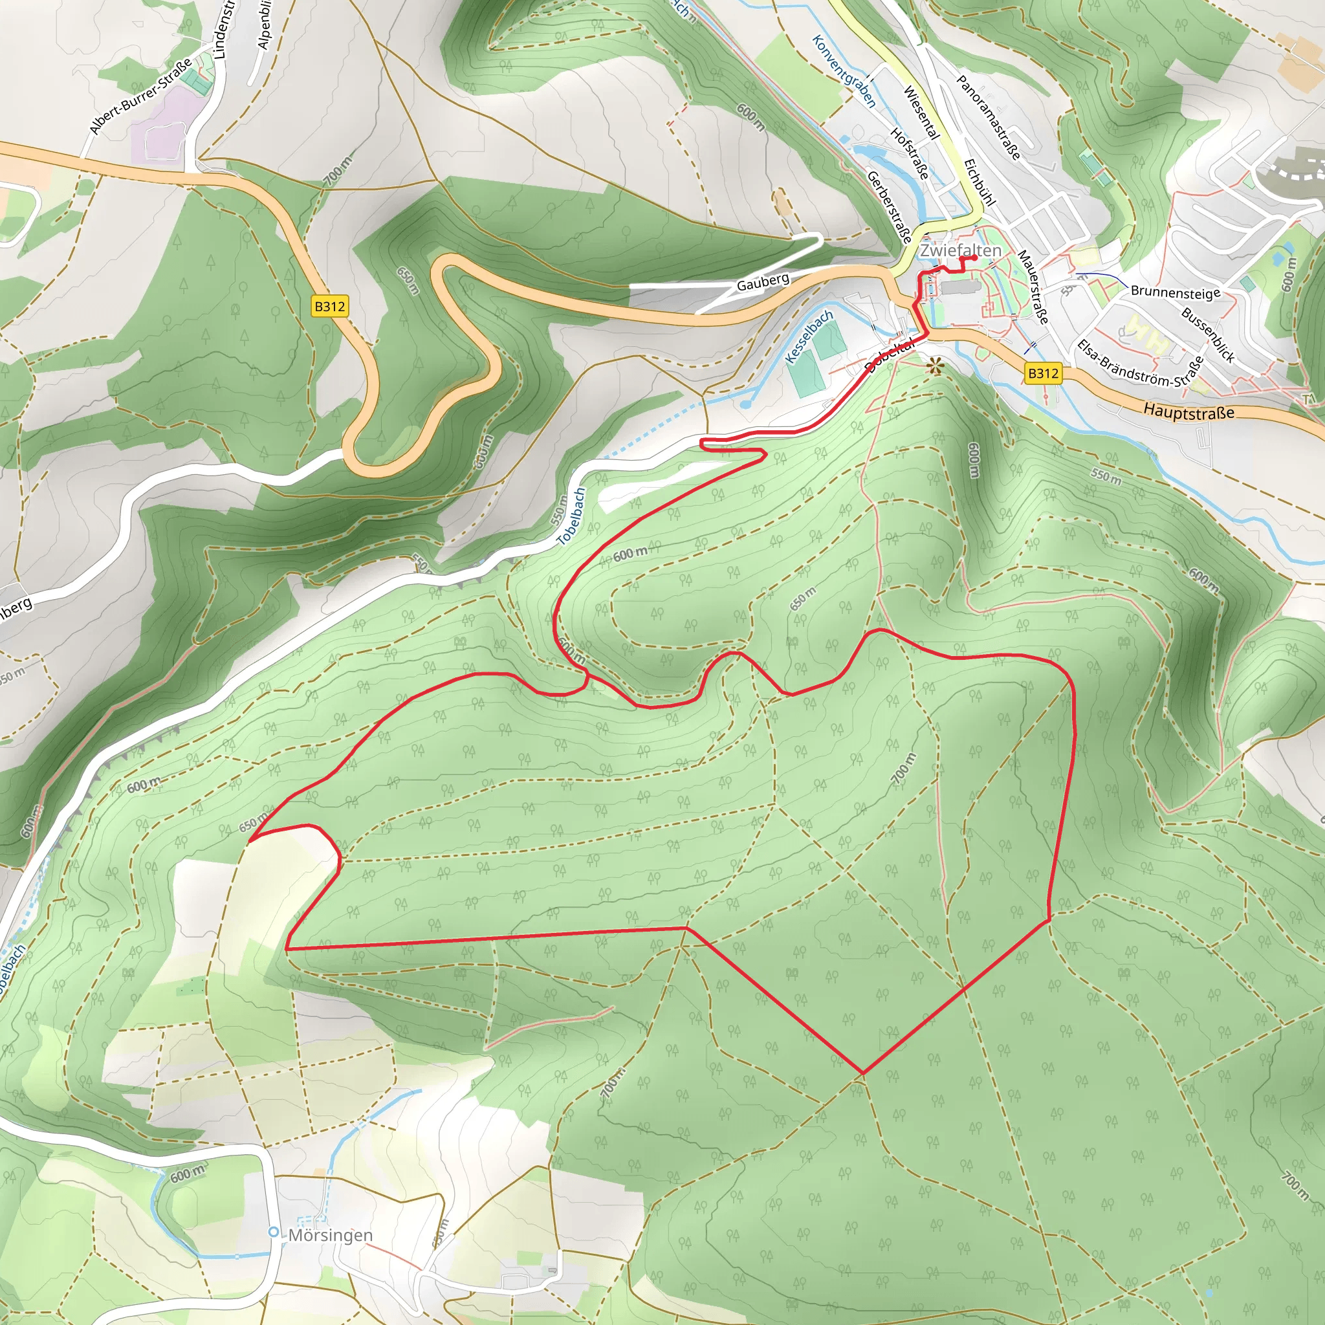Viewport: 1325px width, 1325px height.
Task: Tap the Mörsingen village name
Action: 331,1235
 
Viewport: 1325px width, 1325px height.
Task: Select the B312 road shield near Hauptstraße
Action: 1042,373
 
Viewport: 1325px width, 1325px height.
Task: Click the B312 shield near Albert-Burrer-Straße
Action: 329,306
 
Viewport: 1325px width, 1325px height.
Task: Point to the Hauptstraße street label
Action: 1188,412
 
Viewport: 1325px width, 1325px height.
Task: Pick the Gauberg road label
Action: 763,281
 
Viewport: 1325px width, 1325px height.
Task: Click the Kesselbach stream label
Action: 809,336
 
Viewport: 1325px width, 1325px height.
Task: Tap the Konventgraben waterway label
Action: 844,71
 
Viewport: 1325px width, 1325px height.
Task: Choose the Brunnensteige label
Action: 1175,292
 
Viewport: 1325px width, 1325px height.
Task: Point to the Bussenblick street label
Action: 1208,335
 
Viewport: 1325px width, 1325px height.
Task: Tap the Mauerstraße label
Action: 1033,287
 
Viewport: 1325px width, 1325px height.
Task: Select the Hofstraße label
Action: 910,153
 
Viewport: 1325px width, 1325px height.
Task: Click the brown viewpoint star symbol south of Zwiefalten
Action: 935,366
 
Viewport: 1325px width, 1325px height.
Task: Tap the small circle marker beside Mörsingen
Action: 274,1232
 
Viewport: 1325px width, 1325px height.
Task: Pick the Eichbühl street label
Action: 980,182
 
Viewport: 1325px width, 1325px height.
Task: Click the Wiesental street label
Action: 921,113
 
